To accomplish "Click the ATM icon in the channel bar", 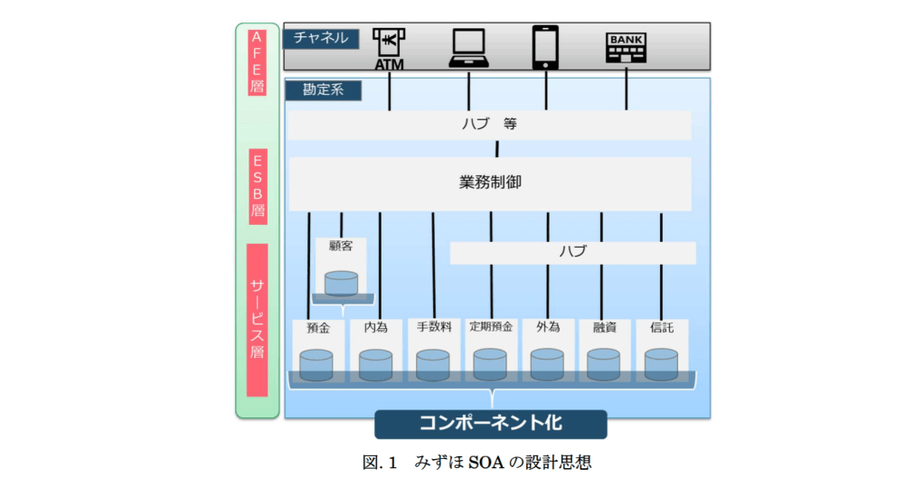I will coord(389,49).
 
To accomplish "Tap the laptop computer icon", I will coord(468,49).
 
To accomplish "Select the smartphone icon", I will coord(545,47).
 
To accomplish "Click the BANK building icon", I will coord(626,48).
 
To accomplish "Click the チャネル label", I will coord(321,38).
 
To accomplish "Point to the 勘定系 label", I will coord(323,90).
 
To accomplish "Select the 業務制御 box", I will coord(490,183).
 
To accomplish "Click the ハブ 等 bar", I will coord(489,125).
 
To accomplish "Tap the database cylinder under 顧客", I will coord(341,284).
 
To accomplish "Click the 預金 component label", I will coord(318,328).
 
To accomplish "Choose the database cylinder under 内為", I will coord(375,365).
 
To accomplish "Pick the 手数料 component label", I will coord(434,328).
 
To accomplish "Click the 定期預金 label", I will coord(491,327).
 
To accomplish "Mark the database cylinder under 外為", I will coord(547,364).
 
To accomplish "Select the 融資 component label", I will coord(604,328).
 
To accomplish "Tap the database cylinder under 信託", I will coord(661,364).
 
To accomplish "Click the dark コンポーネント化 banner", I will coord(490,423).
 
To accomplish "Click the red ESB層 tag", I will coord(257,187).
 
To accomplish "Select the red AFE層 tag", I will coord(257,62).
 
